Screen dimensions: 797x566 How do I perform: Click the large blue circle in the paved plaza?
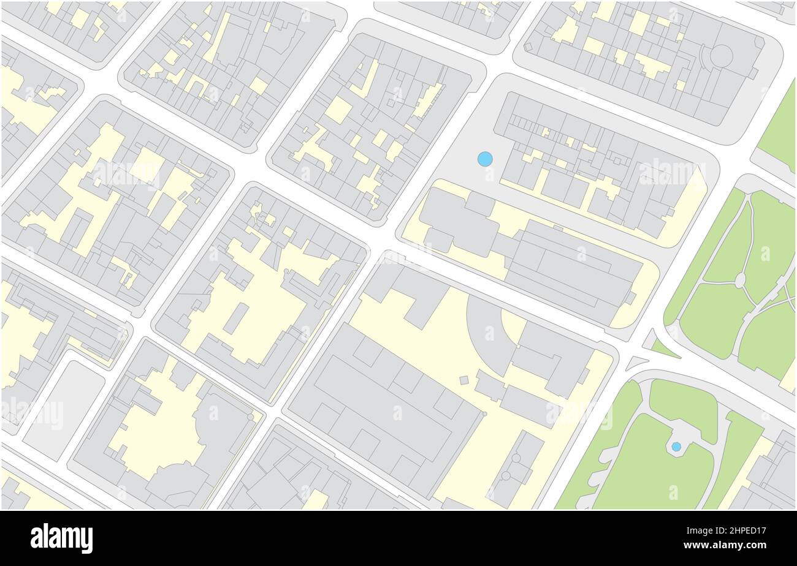click(485, 159)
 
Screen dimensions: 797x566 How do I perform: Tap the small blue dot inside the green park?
click(676, 447)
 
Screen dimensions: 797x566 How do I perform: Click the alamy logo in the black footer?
click(61, 538)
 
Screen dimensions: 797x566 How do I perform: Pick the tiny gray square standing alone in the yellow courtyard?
click(464, 380)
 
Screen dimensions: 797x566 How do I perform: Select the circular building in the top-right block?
click(721, 56)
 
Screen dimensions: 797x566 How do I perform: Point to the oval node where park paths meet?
click(740, 281)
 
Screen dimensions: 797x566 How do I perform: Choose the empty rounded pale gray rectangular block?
click(64, 409)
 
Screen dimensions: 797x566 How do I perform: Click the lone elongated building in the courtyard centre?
click(236, 319)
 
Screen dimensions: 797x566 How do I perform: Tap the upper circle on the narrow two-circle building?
click(516, 458)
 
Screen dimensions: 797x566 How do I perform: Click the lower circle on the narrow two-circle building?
click(506, 475)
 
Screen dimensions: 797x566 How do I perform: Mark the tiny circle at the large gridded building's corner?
click(484, 414)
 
